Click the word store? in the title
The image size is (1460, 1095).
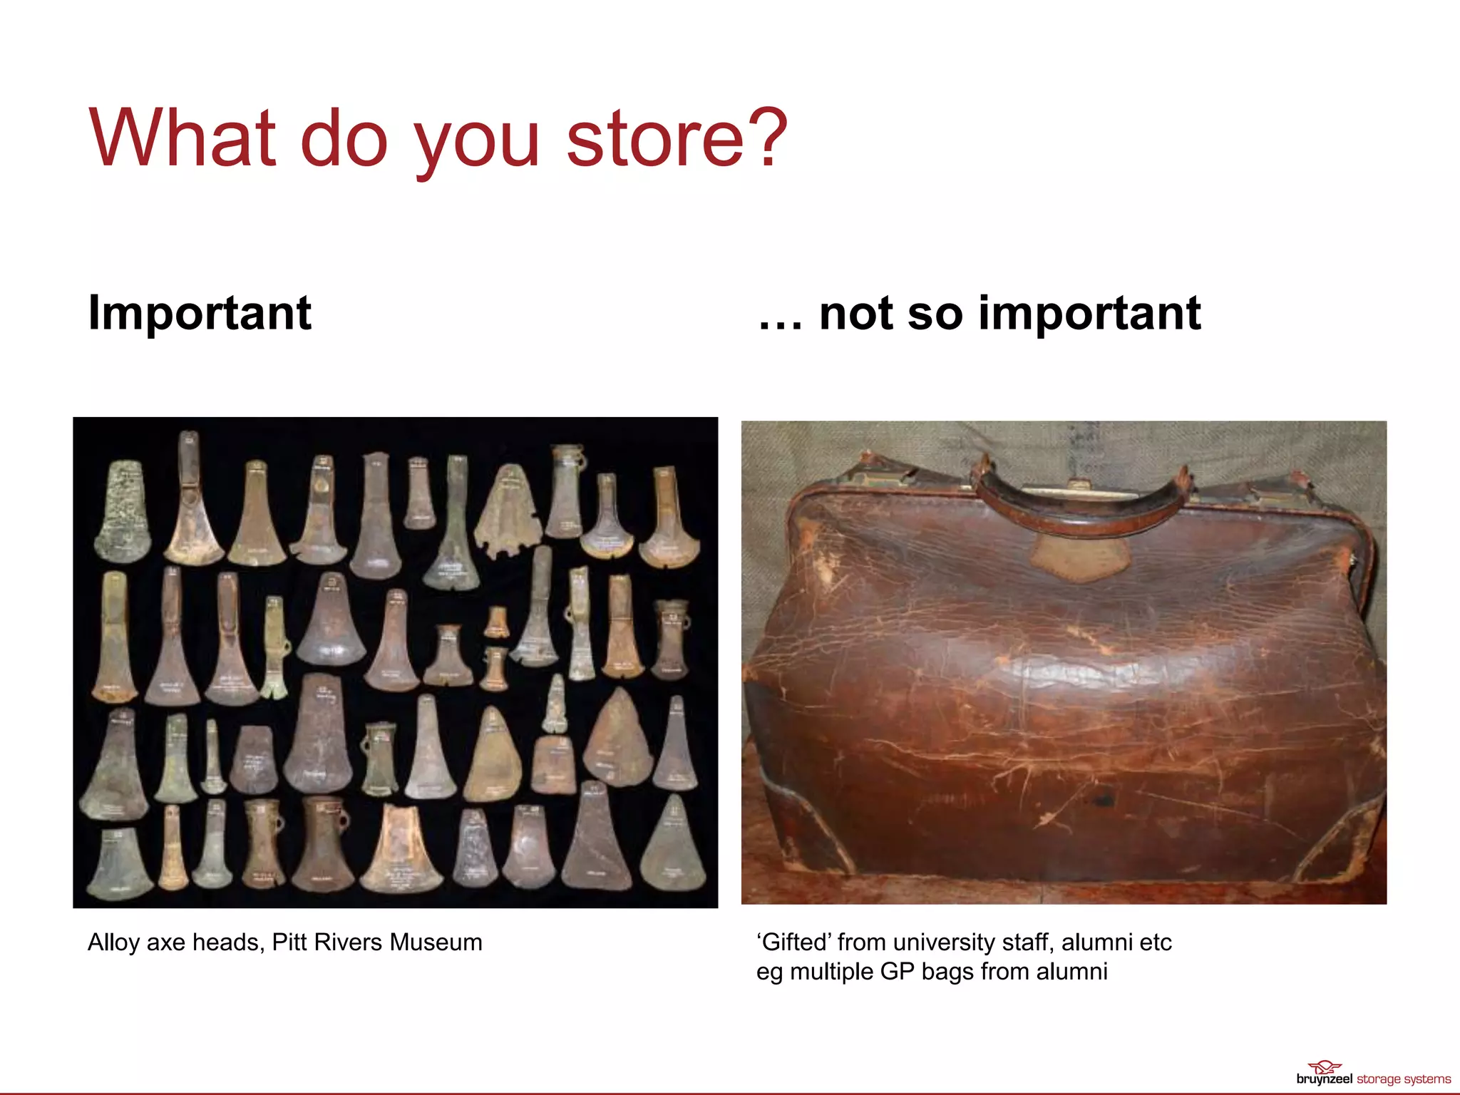click(677, 139)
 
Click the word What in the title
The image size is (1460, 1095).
click(182, 139)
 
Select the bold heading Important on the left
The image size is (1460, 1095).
click(200, 314)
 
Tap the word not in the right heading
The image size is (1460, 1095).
click(856, 314)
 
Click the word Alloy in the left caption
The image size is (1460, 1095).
click(113, 942)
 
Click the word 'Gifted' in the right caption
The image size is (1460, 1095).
click(793, 942)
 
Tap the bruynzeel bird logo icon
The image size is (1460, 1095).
click(1325, 1067)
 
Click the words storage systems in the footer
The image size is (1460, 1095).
click(1403, 1079)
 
